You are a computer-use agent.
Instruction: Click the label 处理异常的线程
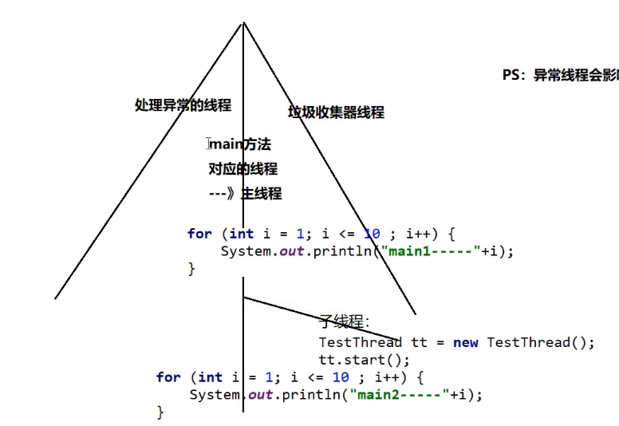point(183,105)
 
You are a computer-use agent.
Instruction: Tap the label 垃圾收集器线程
point(336,112)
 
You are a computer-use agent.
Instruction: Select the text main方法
point(240,144)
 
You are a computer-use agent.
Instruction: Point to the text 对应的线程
point(242,169)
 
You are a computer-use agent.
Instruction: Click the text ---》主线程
point(245,194)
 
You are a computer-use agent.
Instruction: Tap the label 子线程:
point(344,321)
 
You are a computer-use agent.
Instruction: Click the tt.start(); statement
point(363,360)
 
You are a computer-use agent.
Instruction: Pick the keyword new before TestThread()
point(465,342)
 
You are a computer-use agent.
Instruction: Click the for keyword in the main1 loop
point(199,234)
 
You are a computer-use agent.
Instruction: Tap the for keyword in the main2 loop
point(168,377)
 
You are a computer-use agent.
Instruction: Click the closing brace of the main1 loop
point(191,269)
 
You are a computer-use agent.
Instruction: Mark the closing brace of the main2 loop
point(160,412)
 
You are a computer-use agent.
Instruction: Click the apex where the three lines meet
point(242,22)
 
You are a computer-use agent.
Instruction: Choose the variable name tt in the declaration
point(419,342)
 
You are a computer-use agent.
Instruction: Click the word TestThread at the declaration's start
point(360,342)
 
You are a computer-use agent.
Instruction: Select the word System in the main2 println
point(215,394)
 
